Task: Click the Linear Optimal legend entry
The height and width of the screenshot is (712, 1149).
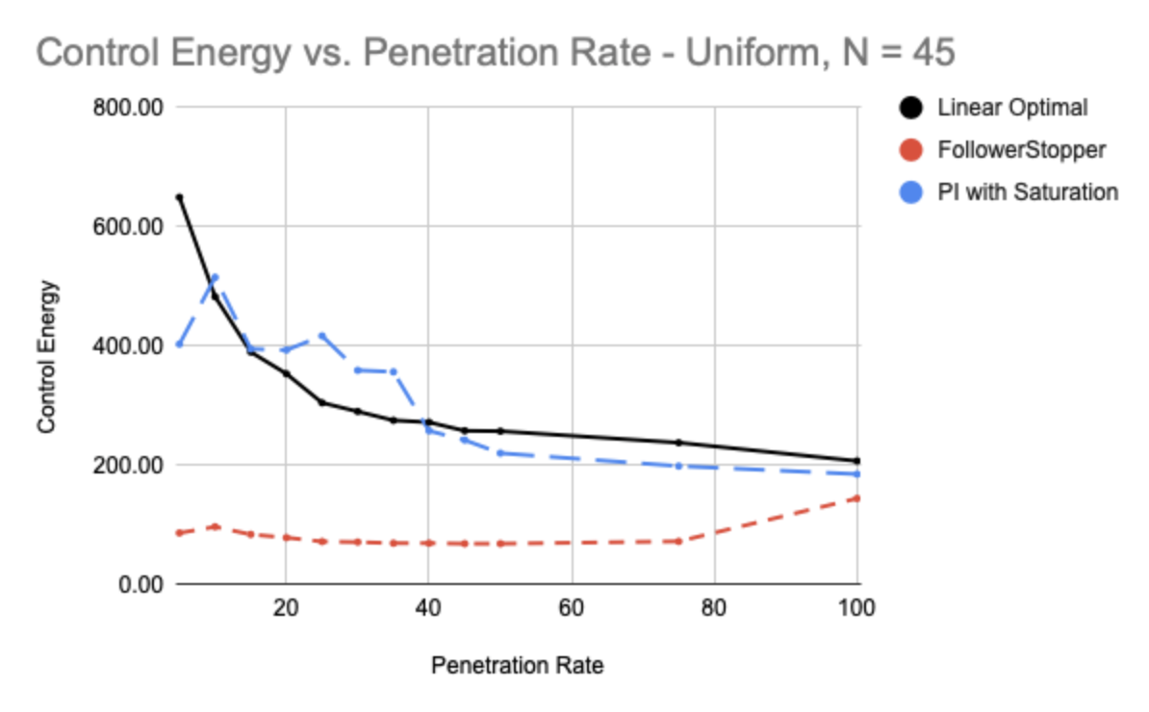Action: (1012, 108)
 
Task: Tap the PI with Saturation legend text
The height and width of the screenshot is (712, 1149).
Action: (1028, 192)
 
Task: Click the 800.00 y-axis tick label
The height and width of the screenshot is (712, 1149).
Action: (127, 107)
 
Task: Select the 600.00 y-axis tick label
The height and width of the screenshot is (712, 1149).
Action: (127, 226)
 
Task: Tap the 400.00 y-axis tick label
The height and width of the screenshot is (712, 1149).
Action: (127, 345)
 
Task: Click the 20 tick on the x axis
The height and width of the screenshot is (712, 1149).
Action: (285, 607)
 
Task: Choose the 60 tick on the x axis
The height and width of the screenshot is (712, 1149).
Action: (572, 607)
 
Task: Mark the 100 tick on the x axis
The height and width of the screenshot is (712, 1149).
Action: (856, 607)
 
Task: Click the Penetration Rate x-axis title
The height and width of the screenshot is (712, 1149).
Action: (517, 666)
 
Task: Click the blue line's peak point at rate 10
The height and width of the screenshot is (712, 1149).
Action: (215, 277)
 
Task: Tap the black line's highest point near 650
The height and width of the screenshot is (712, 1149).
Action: (179, 197)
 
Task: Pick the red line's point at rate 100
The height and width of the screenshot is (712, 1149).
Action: (856, 497)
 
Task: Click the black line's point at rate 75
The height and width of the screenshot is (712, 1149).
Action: (678, 443)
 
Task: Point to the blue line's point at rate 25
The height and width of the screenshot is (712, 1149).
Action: (321, 335)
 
